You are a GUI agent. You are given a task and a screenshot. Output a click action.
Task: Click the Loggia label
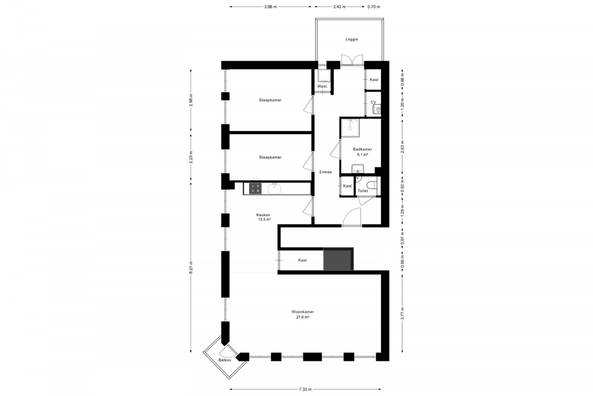click(351, 39)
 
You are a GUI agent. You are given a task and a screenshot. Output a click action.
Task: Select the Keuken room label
click(263, 215)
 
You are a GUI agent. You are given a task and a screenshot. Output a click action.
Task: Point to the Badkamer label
click(362, 149)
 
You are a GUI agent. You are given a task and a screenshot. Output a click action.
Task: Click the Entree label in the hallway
click(325, 172)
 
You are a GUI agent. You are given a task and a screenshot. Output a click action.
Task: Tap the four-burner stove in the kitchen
click(255, 189)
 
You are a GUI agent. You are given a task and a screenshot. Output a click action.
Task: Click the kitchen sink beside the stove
click(274, 189)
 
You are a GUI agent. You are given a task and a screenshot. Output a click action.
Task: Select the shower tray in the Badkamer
click(350, 128)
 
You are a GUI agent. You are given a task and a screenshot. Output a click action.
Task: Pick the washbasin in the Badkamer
click(358, 169)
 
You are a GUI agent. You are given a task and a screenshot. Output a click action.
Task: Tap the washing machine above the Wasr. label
click(324, 76)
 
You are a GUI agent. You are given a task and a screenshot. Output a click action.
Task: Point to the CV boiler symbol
click(377, 109)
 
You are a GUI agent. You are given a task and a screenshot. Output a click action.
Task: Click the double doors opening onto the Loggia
click(352, 60)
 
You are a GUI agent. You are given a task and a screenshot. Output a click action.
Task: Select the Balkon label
click(224, 360)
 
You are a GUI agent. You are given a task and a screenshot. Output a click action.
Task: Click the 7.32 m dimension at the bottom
click(305, 390)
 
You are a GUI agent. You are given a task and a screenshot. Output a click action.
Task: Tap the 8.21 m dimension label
click(191, 267)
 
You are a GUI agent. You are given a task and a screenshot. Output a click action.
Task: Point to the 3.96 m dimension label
click(270, 7)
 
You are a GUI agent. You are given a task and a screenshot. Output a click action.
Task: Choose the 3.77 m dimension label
click(402, 313)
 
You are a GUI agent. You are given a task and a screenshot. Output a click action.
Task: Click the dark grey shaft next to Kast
click(339, 259)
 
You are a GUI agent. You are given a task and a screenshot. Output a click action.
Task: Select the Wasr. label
click(322, 87)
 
